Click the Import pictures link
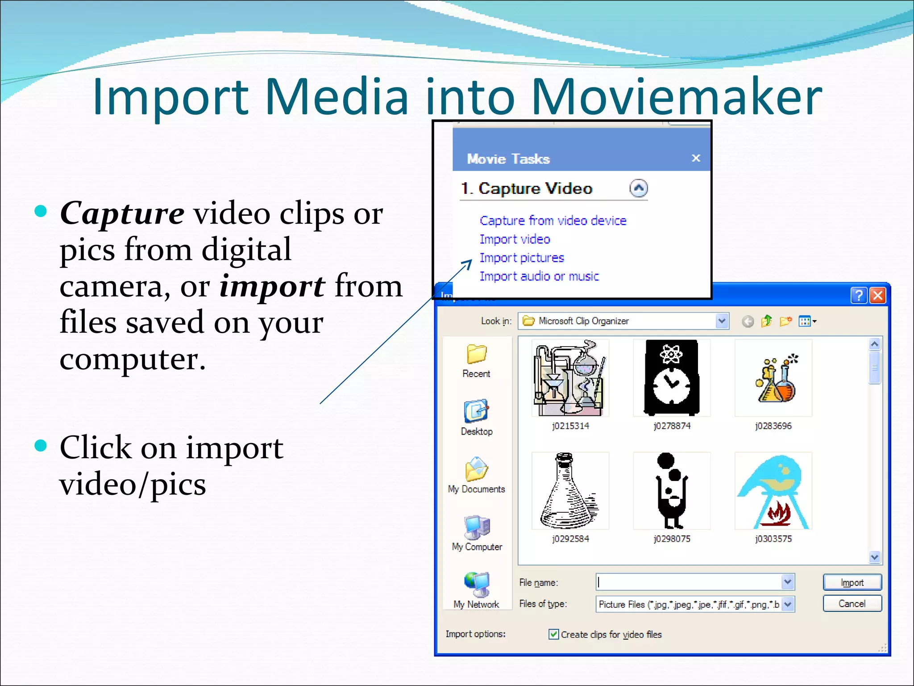click(x=521, y=258)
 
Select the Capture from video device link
click(x=553, y=221)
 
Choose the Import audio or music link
click(x=539, y=276)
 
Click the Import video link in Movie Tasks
click(x=514, y=239)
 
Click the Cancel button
click(x=852, y=604)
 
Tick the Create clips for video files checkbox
click(x=553, y=634)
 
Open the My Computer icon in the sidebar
click(x=477, y=529)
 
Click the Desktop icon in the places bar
click(x=477, y=412)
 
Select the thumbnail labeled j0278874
click(x=672, y=378)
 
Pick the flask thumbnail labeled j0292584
click(x=570, y=491)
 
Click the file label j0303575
click(x=773, y=539)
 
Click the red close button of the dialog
click(x=878, y=296)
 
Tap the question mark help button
click(x=859, y=296)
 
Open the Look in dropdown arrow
click(x=722, y=321)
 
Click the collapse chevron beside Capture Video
click(x=638, y=188)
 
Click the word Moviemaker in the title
click(x=676, y=97)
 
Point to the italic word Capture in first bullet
click(x=122, y=213)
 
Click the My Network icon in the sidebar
click(x=477, y=585)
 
